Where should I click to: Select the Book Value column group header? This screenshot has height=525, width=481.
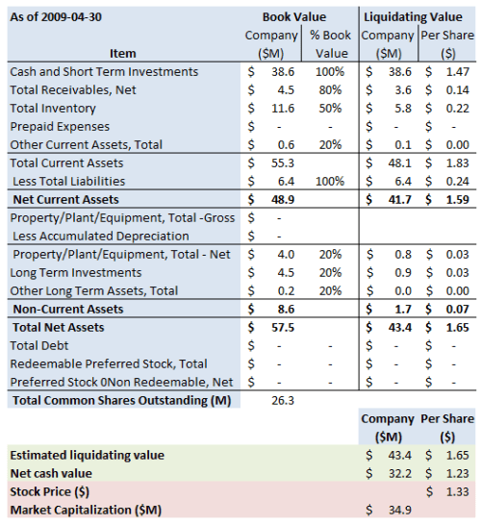coord(294,17)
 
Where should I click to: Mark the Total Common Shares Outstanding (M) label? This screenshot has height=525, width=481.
coord(122,400)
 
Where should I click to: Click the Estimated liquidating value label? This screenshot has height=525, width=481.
coord(87,455)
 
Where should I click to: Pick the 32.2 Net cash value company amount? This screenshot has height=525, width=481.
coord(401,473)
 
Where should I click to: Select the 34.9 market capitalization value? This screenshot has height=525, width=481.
coord(401,510)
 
